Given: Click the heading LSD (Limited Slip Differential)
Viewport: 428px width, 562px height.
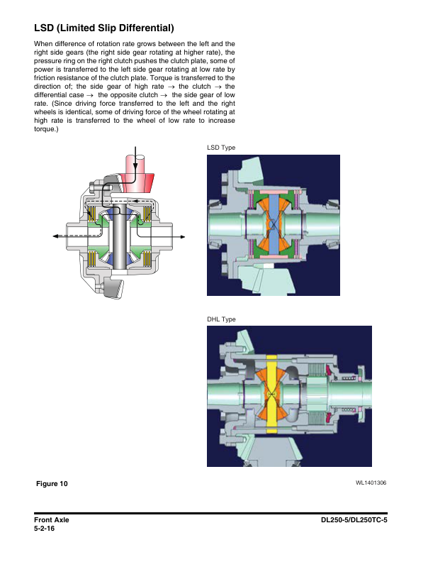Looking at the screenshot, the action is [x=103, y=28].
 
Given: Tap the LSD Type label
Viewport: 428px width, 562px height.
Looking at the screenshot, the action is [x=221, y=148].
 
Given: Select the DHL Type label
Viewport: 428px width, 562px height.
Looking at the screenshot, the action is [x=221, y=319].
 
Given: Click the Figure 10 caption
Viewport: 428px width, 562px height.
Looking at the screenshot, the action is [x=52, y=483].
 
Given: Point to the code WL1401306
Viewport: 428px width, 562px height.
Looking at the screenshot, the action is [x=371, y=483].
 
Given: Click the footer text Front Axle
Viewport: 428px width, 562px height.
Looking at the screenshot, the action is [x=52, y=519].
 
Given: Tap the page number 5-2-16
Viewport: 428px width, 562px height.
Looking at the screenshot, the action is [x=45, y=529].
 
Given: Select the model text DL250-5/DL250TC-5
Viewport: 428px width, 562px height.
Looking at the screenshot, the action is [x=354, y=519].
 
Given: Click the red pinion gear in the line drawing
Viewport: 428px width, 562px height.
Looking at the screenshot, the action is [x=135, y=176].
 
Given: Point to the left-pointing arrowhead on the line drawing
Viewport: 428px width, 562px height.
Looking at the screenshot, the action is [x=56, y=236].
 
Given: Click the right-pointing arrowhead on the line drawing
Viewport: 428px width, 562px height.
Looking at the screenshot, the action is [x=182, y=236].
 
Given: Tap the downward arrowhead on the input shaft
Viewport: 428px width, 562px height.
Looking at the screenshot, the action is [x=135, y=165].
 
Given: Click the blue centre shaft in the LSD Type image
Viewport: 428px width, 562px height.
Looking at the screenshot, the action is [x=274, y=225].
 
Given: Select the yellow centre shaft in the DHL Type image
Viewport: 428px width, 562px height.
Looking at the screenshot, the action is [x=272, y=394].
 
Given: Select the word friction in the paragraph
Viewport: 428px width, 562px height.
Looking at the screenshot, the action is [x=45, y=78].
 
